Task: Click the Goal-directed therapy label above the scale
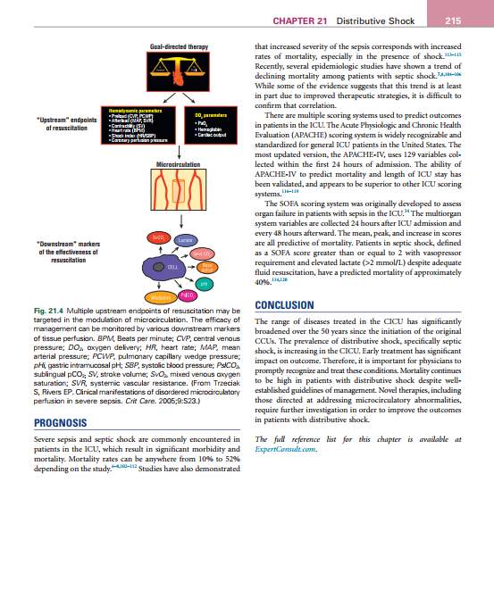[x=179, y=45]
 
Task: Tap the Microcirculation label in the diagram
[x=179, y=164]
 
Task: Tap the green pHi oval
[x=204, y=284]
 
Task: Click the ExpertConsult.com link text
[x=283, y=450]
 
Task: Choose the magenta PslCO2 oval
[x=188, y=295]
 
